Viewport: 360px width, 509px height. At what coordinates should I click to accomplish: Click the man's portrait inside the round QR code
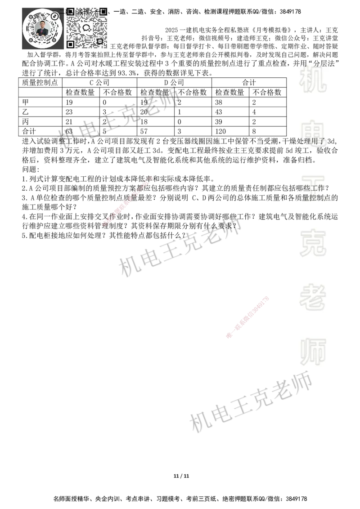tap(42, 29)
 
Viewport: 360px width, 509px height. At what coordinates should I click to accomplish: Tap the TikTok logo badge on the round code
tap(55, 16)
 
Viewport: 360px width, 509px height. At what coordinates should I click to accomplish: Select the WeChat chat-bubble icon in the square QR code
tap(87, 27)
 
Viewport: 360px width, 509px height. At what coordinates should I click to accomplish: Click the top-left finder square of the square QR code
tap(70, 11)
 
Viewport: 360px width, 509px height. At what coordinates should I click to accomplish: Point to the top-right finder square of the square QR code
tap(103, 11)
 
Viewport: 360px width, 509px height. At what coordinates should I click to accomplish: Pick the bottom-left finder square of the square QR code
tap(70, 44)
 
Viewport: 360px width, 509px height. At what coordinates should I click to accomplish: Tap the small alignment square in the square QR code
tap(100, 41)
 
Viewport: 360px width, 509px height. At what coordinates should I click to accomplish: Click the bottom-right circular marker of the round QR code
tap(54, 40)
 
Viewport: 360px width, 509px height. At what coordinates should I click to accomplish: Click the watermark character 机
tap(313, 81)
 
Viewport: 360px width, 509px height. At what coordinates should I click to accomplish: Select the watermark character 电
tap(315, 130)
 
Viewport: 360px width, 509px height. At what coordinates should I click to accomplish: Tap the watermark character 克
tap(313, 243)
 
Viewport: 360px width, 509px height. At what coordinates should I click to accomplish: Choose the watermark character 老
tap(313, 297)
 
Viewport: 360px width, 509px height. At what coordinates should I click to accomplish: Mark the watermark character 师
tap(313, 352)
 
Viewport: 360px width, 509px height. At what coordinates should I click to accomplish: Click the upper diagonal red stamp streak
tap(127, 201)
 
